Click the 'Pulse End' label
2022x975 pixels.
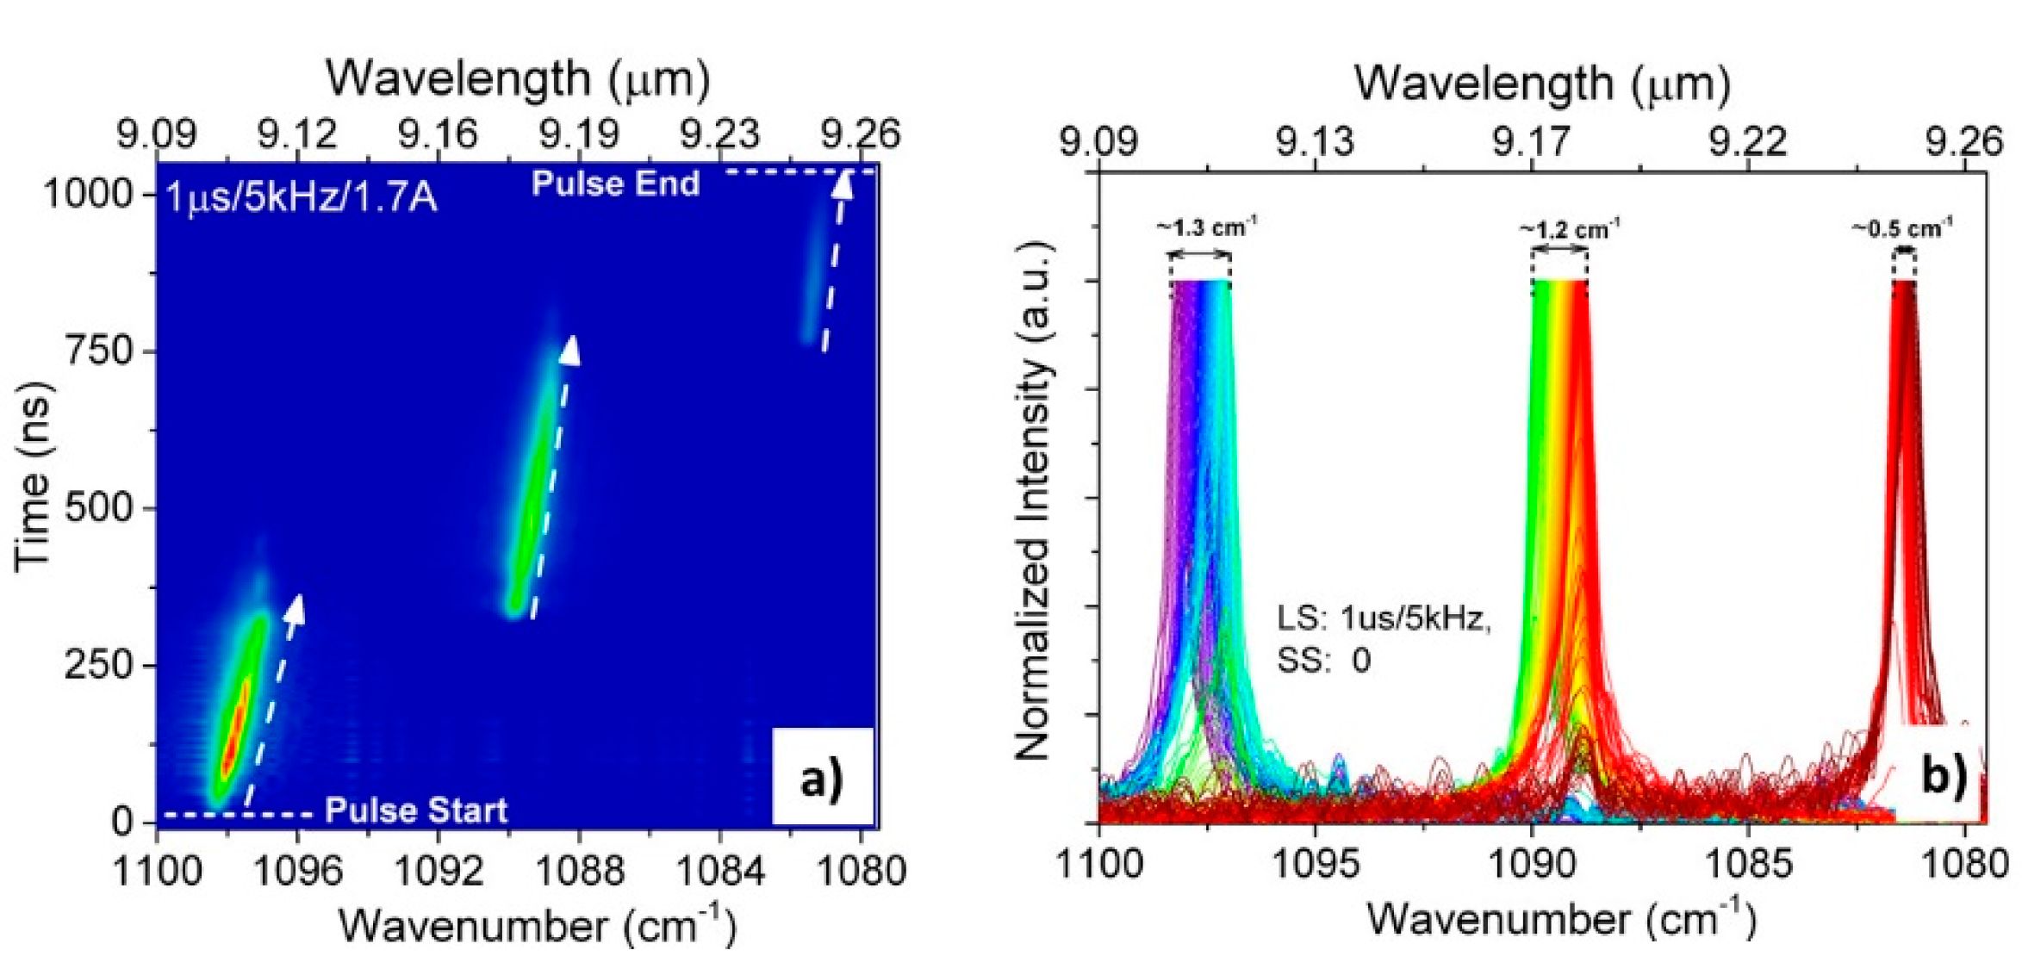coord(615,183)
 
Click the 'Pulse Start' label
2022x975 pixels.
coord(416,810)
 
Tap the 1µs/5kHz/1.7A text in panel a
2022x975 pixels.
coord(302,198)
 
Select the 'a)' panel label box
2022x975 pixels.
coord(822,778)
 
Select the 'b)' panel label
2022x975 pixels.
coord(1944,774)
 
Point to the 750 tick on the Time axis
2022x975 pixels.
coord(98,351)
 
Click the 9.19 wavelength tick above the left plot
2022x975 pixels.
coord(579,134)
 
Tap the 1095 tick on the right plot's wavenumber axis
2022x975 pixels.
coord(1315,864)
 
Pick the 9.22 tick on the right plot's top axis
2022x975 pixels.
coord(1748,140)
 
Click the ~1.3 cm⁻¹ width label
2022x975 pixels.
coord(1206,228)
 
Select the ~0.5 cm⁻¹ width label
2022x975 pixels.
coord(1902,229)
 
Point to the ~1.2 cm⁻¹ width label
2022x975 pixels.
coord(1569,230)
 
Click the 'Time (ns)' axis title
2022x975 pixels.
coord(34,475)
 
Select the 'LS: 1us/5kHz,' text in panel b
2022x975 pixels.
coord(1384,618)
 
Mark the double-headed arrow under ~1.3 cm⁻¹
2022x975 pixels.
coord(1199,254)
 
